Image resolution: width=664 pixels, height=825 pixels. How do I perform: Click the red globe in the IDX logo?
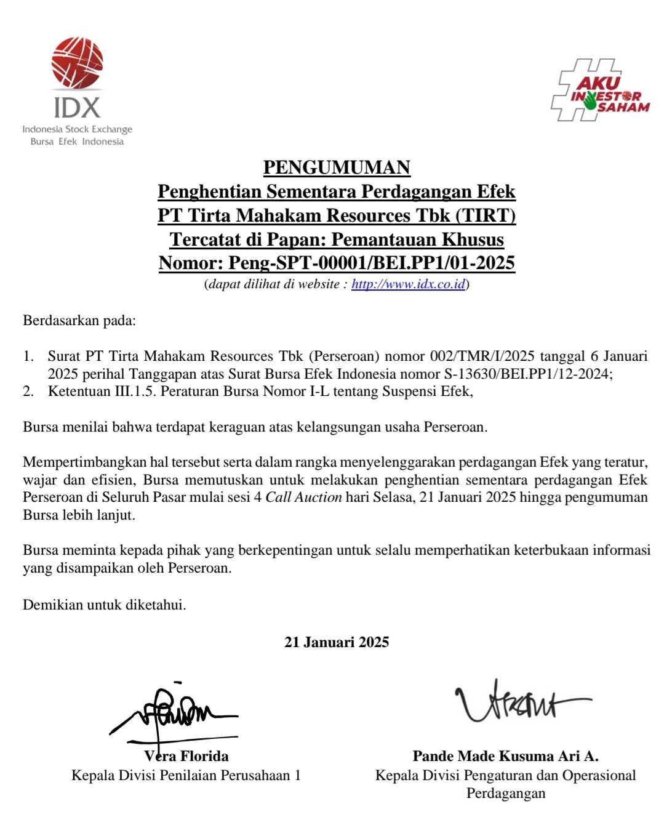point(77,63)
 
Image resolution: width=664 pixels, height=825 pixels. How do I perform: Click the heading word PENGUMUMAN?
point(337,167)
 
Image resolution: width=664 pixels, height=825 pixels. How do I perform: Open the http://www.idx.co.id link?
point(408,284)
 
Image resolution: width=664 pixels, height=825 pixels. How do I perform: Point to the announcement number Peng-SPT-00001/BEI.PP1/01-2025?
point(372,263)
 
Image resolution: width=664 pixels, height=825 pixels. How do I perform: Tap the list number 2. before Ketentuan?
point(28,392)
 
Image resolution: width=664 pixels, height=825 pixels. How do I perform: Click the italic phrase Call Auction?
point(303,497)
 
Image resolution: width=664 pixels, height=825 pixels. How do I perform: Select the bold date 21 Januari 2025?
point(337,642)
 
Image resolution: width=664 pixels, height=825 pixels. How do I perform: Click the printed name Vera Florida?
point(186,756)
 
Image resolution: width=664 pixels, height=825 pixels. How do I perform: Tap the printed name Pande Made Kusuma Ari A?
point(505,756)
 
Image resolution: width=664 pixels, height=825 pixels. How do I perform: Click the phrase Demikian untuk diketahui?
point(105,605)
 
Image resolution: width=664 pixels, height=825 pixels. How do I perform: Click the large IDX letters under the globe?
point(77,107)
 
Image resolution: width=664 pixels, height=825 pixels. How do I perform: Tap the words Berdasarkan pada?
point(79,320)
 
